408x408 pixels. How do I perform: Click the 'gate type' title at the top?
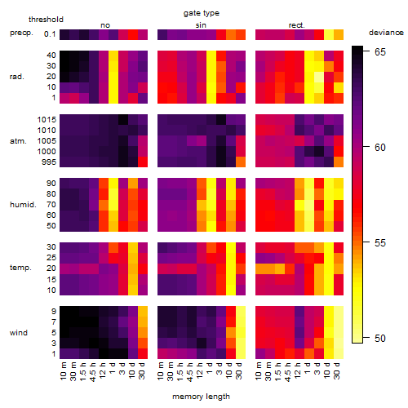click(x=202, y=13)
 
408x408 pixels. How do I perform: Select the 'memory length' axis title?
click(x=201, y=397)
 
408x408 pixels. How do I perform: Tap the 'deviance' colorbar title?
click(x=386, y=33)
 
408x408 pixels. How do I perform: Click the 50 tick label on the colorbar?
click(x=380, y=339)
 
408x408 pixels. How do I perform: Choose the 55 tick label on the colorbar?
click(x=380, y=243)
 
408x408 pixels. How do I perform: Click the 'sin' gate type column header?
click(x=201, y=25)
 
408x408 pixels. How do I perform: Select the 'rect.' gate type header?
click(x=296, y=25)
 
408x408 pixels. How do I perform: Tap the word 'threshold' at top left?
click(x=46, y=20)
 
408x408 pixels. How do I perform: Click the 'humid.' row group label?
click(x=23, y=205)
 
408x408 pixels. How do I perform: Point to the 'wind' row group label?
click(x=19, y=333)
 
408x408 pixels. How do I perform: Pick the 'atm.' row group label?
click(x=18, y=141)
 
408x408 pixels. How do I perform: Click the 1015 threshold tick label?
click(x=47, y=120)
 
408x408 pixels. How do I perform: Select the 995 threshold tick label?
click(x=49, y=162)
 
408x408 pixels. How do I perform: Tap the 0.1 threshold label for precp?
click(x=50, y=34)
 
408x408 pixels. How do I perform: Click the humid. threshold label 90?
click(x=51, y=184)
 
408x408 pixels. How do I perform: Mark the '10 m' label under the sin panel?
click(x=161, y=371)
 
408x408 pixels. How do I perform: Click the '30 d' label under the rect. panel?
click(x=337, y=370)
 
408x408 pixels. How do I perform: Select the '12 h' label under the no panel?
click(x=102, y=370)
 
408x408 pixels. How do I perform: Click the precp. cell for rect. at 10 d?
click(x=329, y=34)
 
